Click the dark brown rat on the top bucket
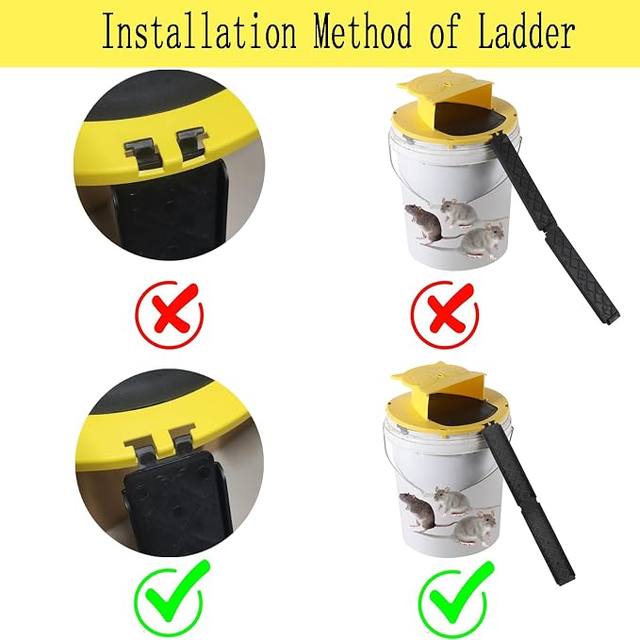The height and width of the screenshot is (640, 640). click(424, 224)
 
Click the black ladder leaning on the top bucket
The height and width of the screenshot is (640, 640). click(554, 228)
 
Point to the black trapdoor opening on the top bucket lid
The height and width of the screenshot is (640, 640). click(467, 119)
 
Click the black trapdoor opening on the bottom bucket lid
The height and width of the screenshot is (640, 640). click(462, 410)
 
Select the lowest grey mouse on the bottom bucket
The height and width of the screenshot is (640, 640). click(475, 528)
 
